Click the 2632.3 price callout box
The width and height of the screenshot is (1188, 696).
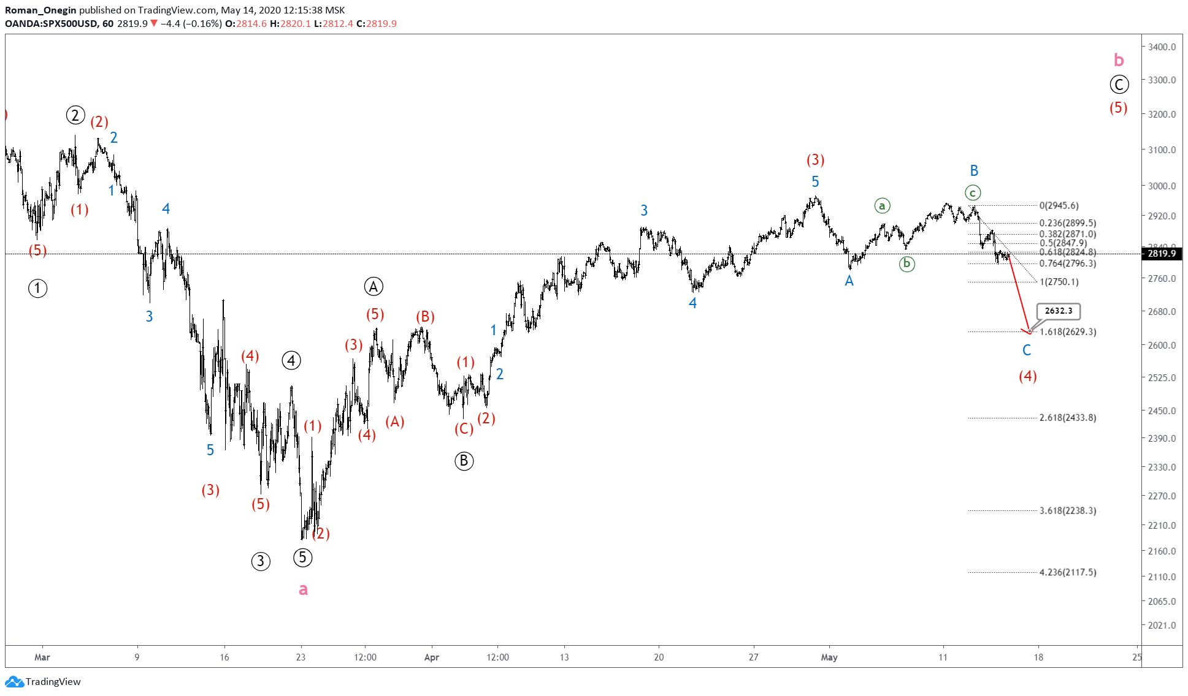(x=1059, y=311)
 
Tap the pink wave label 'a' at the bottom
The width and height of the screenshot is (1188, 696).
(x=303, y=589)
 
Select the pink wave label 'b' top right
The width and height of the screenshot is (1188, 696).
(x=1119, y=60)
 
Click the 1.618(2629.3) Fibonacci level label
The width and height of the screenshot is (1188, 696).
(x=1068, y=332)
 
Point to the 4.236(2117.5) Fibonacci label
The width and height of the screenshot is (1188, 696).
(x=1068, y=572)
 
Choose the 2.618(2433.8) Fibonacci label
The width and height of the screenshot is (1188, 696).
(x=1068, y=418)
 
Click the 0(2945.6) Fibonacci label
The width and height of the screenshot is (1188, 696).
(x=1059, y=206)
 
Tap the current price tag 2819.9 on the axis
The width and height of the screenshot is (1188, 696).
(x=1161, y=254)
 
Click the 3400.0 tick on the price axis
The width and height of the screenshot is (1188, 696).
(x=1162, y=47)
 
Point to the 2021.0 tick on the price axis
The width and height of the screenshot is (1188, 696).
(x=1162, y=626)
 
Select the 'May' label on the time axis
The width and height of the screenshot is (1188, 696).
(x=829, y=657)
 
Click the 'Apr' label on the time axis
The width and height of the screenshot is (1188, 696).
(x=432, y=657)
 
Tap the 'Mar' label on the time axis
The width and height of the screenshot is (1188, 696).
(x=42, y=657)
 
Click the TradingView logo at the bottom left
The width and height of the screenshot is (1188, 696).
(x=43, y=682)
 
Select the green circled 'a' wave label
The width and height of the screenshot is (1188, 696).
(x=882, y=206)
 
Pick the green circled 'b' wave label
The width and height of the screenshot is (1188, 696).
(x=906, y=264)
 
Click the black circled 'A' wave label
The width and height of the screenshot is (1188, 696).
(x=374, y=286)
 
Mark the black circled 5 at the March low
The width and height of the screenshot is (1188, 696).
(x=302, y=558)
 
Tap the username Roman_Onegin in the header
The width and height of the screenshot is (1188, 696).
(x=40, y=10)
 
